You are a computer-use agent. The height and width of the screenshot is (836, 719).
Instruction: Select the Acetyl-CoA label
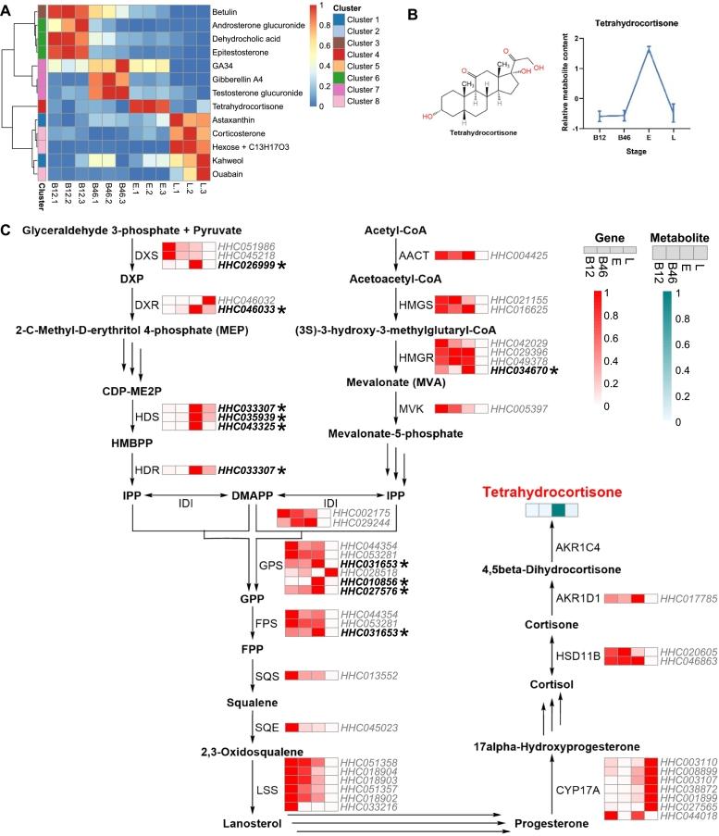pos(395,229)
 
